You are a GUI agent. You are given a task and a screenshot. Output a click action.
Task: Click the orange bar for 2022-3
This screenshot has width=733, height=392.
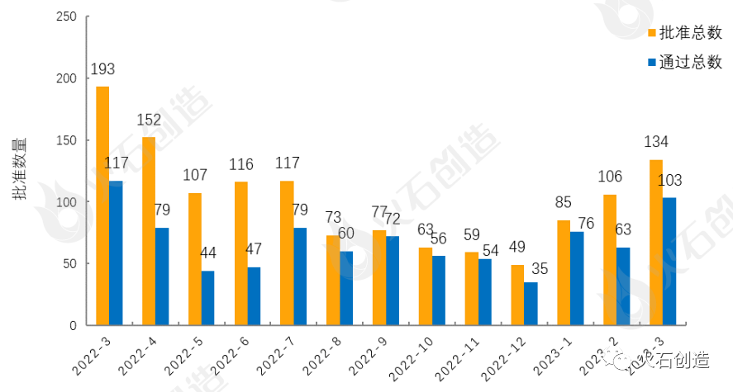pyautogui.click(x=102, y=205)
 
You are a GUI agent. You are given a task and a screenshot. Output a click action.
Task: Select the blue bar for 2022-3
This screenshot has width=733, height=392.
pyautogui.click(x=116, y=253)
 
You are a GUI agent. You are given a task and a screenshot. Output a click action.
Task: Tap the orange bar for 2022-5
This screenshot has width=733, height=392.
pyautogui.click(x=194, y=258)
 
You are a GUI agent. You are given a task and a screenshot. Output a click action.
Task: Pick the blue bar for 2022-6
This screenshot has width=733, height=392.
pyautogui.click(x=254, y=295)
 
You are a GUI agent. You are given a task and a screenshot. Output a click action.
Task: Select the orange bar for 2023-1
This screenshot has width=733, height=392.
pyautogui.click(x=564, y=272)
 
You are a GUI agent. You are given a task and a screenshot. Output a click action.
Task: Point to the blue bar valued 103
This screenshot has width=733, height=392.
pyautogui.click(x=669, y=261)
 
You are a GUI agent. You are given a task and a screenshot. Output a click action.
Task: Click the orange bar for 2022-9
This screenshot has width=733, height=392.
pyautogui.click(x=379, y=277)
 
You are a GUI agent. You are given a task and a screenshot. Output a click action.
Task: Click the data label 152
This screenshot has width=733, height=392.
pyautogui.click(x=149, y=120)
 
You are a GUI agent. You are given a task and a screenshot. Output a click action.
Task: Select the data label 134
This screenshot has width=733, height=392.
pyautogui.click(x=656, y=142)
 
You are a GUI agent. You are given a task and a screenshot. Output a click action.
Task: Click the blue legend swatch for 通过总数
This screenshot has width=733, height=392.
pyautogui.click(x=652, y=62)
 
